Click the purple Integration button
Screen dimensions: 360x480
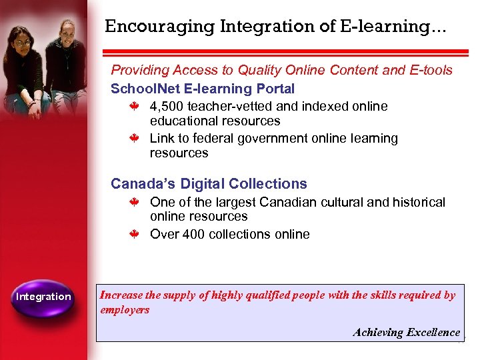click(43, 296)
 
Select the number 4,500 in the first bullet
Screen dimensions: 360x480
click(167, 107)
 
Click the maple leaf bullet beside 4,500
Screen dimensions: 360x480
click(133, 106)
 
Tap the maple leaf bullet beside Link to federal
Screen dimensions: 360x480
click(133, 139)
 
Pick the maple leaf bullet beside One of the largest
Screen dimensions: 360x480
click(133, 202)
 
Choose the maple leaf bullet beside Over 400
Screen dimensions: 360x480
click(133, 234)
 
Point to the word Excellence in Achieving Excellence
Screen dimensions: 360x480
click(434, 332)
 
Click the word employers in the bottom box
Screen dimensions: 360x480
click(125, 309)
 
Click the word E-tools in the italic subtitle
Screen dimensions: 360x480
click(430, 70)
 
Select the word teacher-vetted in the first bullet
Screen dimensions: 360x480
click(229, 107)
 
